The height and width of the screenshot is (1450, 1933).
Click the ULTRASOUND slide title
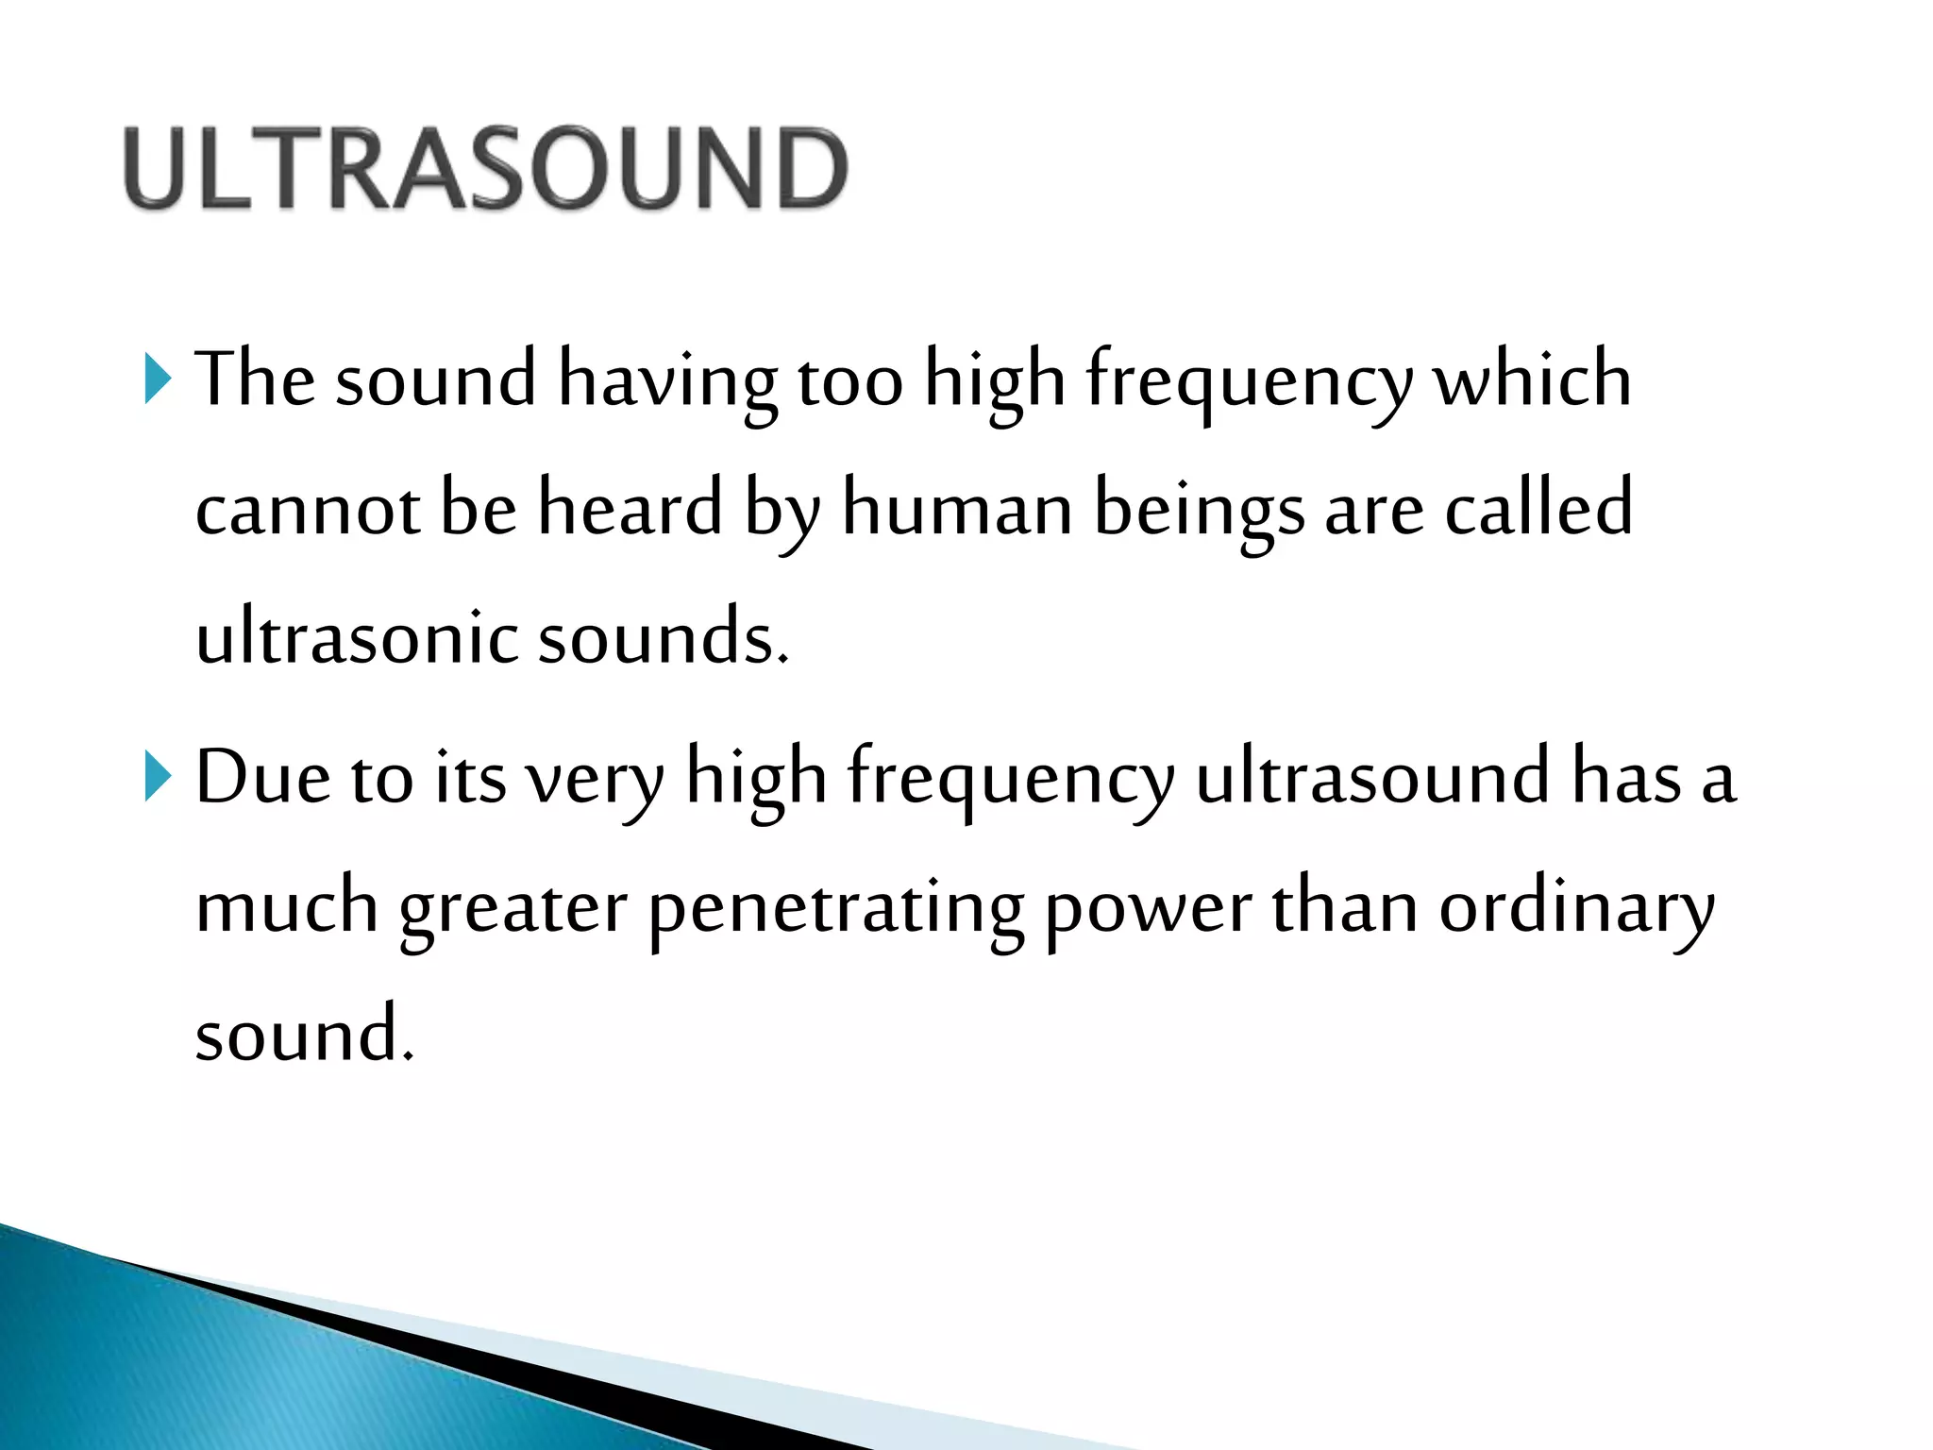(x=485, y=168)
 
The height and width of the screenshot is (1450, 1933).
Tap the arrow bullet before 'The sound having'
(x=158, y=379)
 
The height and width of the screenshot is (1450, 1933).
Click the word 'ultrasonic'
(x=356, y=638)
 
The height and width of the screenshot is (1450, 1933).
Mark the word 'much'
(x=287, y=907)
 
